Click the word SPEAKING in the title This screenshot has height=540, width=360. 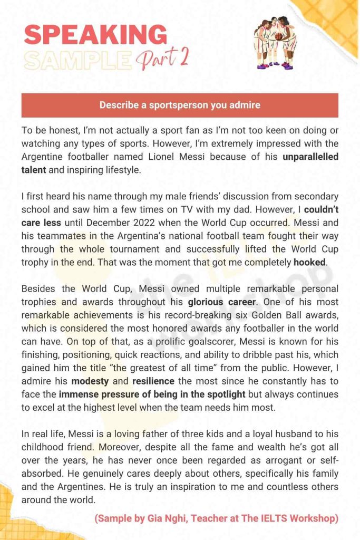(95, 35)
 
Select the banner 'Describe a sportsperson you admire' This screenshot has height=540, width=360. (180, 105)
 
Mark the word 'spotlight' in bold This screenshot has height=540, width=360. (223, 394)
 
